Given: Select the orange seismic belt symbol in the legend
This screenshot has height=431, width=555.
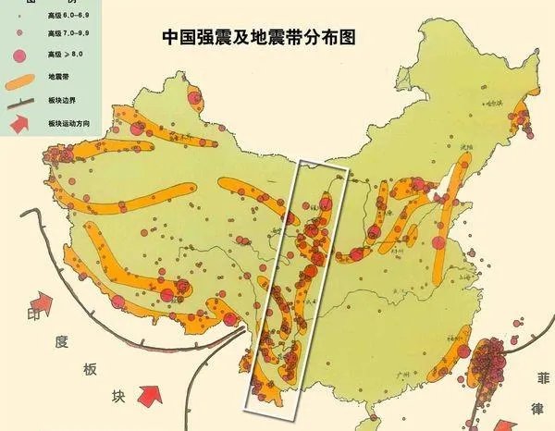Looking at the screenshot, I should point(21,81).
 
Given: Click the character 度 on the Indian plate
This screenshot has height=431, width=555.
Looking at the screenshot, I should point(62,343).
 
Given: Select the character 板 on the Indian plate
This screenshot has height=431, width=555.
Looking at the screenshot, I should point(91,370).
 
